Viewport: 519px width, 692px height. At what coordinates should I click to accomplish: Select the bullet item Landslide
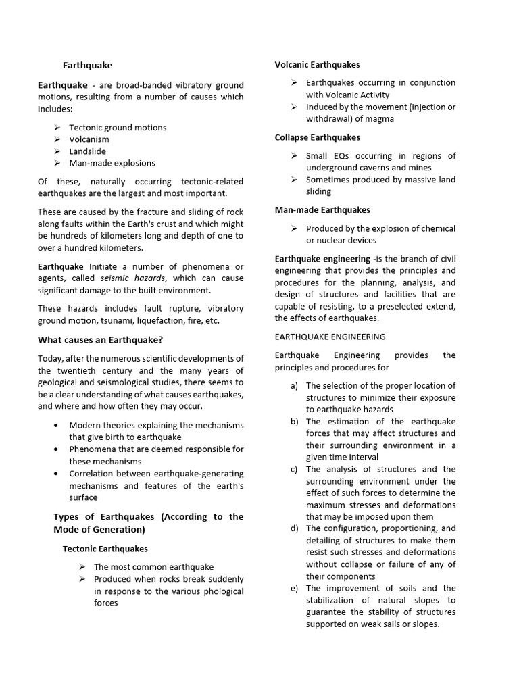pyautogui.click(x=87, y=151)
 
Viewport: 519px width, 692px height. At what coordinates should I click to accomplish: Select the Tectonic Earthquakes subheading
pyautogui.click(x=105, y=549)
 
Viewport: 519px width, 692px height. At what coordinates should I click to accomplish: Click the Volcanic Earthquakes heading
pyautogui.click(x=317, y=65)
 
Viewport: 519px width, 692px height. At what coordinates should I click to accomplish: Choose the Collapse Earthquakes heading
pyautogui.click(x=318, y=137)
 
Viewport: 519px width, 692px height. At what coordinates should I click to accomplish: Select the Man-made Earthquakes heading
pyautogui.click(x=322, y=210)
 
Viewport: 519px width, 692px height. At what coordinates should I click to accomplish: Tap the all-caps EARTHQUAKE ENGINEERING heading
pyautogui.click(x=330, y=337)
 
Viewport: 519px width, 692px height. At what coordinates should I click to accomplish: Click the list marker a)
pyautogui.click(x=294, y=386)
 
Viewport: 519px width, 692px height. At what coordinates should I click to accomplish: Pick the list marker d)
pyautogui.click(x=294, y=528)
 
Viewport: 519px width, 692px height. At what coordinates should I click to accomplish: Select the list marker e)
pyautogui.click(x=294, y=588)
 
